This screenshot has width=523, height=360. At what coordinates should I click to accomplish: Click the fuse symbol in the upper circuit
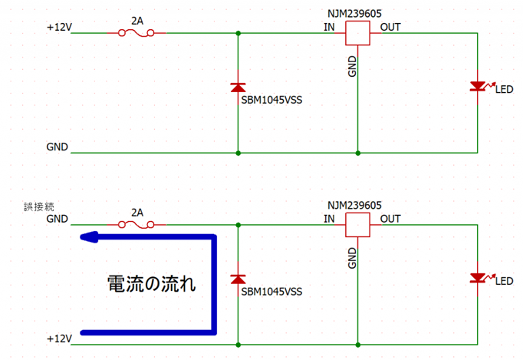[x=137, y=33]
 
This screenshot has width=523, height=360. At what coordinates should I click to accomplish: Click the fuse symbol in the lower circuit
[x=137, y=224]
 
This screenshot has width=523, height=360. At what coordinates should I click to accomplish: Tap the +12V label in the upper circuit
[x=59, y=28]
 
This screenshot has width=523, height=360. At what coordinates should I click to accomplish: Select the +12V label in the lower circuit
[x=59, y=339]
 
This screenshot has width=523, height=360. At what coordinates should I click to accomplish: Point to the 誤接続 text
[x=39, y=207]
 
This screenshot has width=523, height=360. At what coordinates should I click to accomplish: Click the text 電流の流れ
[x=151, y=284]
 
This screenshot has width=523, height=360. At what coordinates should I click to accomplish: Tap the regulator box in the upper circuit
[x=357, y=33]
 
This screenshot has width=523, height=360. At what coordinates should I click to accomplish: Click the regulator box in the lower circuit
[x=357, y=224]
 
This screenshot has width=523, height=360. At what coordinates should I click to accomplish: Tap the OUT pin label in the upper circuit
[x=390, y=28]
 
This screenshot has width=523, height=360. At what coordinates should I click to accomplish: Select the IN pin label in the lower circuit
[x=329, y=219]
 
